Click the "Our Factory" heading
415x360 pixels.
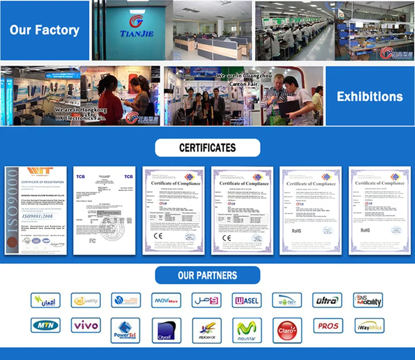(x=45, y=30)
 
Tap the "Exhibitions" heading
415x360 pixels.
(x=369, y=96)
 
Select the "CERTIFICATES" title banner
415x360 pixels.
(x=208, y=148)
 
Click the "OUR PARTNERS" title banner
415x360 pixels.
(x=208, y=275)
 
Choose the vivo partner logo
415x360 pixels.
(x=86, y=326)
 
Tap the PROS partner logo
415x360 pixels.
(x=328, y=326)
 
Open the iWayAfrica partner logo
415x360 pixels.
(x=368, y=326)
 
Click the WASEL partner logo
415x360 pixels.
(x=247, y=300)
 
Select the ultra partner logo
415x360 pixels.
(x=328, y=300)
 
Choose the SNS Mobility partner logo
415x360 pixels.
(x=368, y=300)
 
